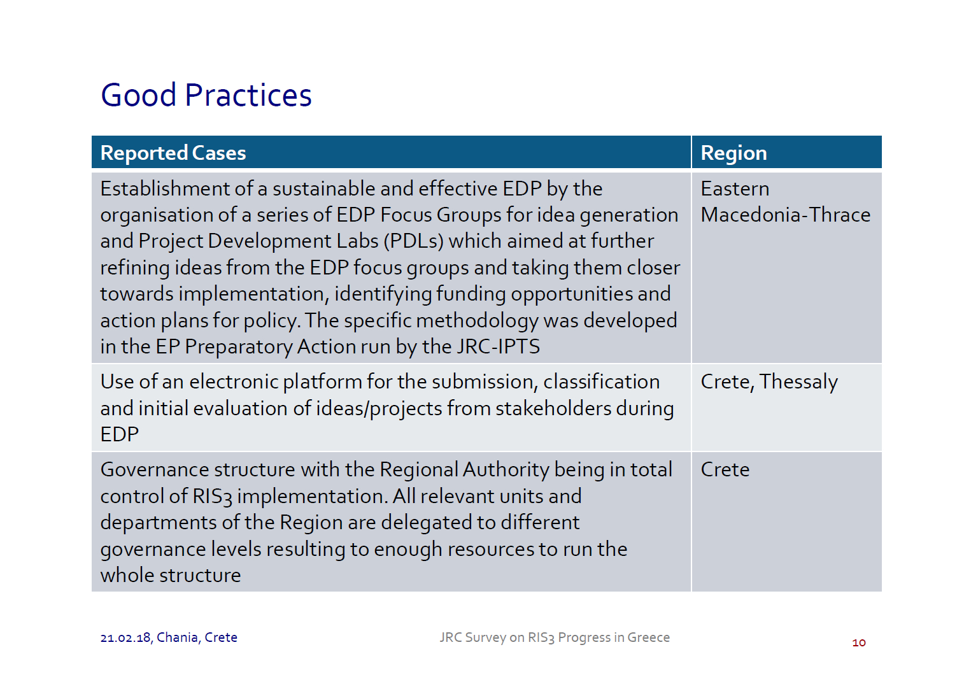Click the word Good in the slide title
click(138, 95)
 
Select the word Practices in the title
click(248, 95)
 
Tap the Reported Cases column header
click(173, 153)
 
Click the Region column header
click(734, 153)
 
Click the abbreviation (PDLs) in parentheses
click(413, 241)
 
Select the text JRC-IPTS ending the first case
click(499, 347)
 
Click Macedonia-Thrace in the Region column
click(786, 215)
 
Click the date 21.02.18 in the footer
click(125, 638)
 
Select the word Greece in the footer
click(648, 637)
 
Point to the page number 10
click(859, 643)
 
